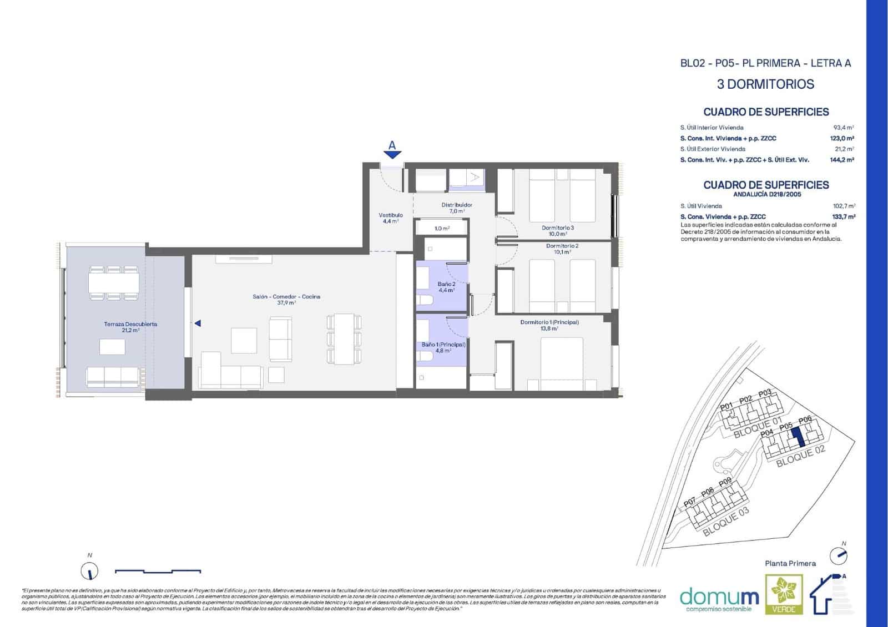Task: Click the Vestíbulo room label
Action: coord(391,218)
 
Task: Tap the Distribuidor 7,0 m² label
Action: coord(457,208)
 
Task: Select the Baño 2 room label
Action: coord(446,286)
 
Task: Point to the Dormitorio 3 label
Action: coord(558,230)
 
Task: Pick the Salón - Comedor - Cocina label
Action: coord(286,300)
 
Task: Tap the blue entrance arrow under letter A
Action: coord(392,155)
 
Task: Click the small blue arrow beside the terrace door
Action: coord(197,323)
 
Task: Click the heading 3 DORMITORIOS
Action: coord(765,84)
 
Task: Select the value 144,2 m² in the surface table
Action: coord(841,160)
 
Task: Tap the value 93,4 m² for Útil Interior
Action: coord(844,128)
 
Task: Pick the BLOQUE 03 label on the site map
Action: coord(725,522)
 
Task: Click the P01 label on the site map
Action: coord(726,407)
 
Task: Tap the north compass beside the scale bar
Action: coord(89,570)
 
